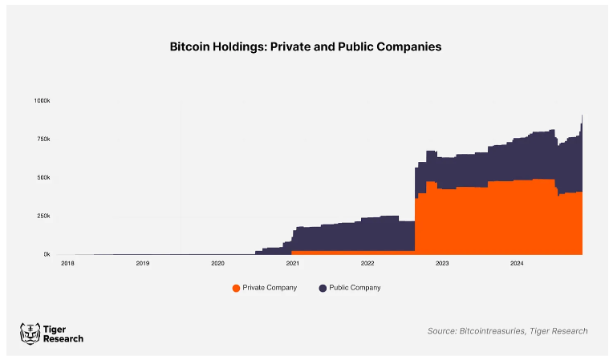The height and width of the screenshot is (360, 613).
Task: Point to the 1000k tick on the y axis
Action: [x=42, y=100]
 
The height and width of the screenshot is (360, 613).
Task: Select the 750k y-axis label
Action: [x=43, y=139]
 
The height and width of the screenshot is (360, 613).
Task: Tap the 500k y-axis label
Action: [x=43, y=177]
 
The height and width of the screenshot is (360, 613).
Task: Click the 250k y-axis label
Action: [x=43, y=216]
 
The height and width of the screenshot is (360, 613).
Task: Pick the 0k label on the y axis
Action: [x=47, y=254]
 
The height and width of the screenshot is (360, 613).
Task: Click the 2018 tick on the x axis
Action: [x=67, y=263]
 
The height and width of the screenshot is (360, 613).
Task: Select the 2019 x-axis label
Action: [x=142, y=263]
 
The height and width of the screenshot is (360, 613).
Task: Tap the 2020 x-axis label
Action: [x=217, y=263]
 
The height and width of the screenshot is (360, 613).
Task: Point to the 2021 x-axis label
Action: [x=292, y=263]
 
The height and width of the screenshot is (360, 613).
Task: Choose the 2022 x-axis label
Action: [x=367, y=263]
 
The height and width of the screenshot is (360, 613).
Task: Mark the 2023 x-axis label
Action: [x=442, y=263]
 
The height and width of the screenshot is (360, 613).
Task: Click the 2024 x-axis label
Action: [x=517, y=263]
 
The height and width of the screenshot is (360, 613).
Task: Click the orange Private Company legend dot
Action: [x=236, y=288]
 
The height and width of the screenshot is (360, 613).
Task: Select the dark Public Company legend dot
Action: [x=323, y=288]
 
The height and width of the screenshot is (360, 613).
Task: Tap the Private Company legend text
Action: [x=270, y=288]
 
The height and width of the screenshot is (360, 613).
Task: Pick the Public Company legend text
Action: [x=355, y=288]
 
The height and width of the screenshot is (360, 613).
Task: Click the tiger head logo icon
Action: [x=30, y=333]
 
